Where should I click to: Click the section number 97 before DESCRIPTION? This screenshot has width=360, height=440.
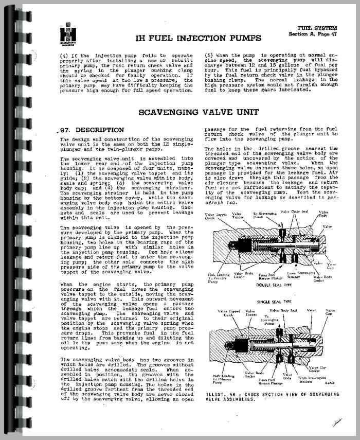[x=64, y=130]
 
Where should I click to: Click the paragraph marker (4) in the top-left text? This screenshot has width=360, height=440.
[x=64, y=55]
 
